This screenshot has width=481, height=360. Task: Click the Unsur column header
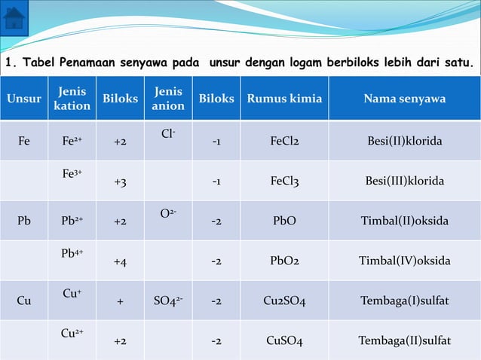[x=24, y=99]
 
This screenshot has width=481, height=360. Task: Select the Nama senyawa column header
[x=404, y=99]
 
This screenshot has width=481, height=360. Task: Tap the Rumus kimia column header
[x=284, y=99]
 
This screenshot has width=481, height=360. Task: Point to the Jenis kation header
[x=72, y=99]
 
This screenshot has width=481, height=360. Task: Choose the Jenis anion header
[x=168, y=99]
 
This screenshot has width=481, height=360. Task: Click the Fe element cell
[x=24, y=141]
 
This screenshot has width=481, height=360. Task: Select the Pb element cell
[x=24, y=221]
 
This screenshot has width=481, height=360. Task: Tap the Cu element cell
[x=24, y=301]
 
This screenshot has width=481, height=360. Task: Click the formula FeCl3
[x=284, y=182]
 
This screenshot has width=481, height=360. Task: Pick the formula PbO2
[x=284, y=261]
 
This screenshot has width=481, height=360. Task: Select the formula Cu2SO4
[x=284, y=301]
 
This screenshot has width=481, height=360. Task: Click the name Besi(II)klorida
[x=404, y=141]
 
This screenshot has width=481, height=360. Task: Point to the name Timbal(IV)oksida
[x=404, y=261]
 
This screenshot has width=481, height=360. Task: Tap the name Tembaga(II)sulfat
[x=404, y=341]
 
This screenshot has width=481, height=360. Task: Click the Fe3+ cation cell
[x=72, y=174]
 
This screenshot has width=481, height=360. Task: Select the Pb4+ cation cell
[x=72, y=254]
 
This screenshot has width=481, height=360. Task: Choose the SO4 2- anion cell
[x=168, y=301]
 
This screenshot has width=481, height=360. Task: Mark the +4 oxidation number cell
[x=120, y=261]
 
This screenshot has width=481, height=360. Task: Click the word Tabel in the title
[x=34, y=62]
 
